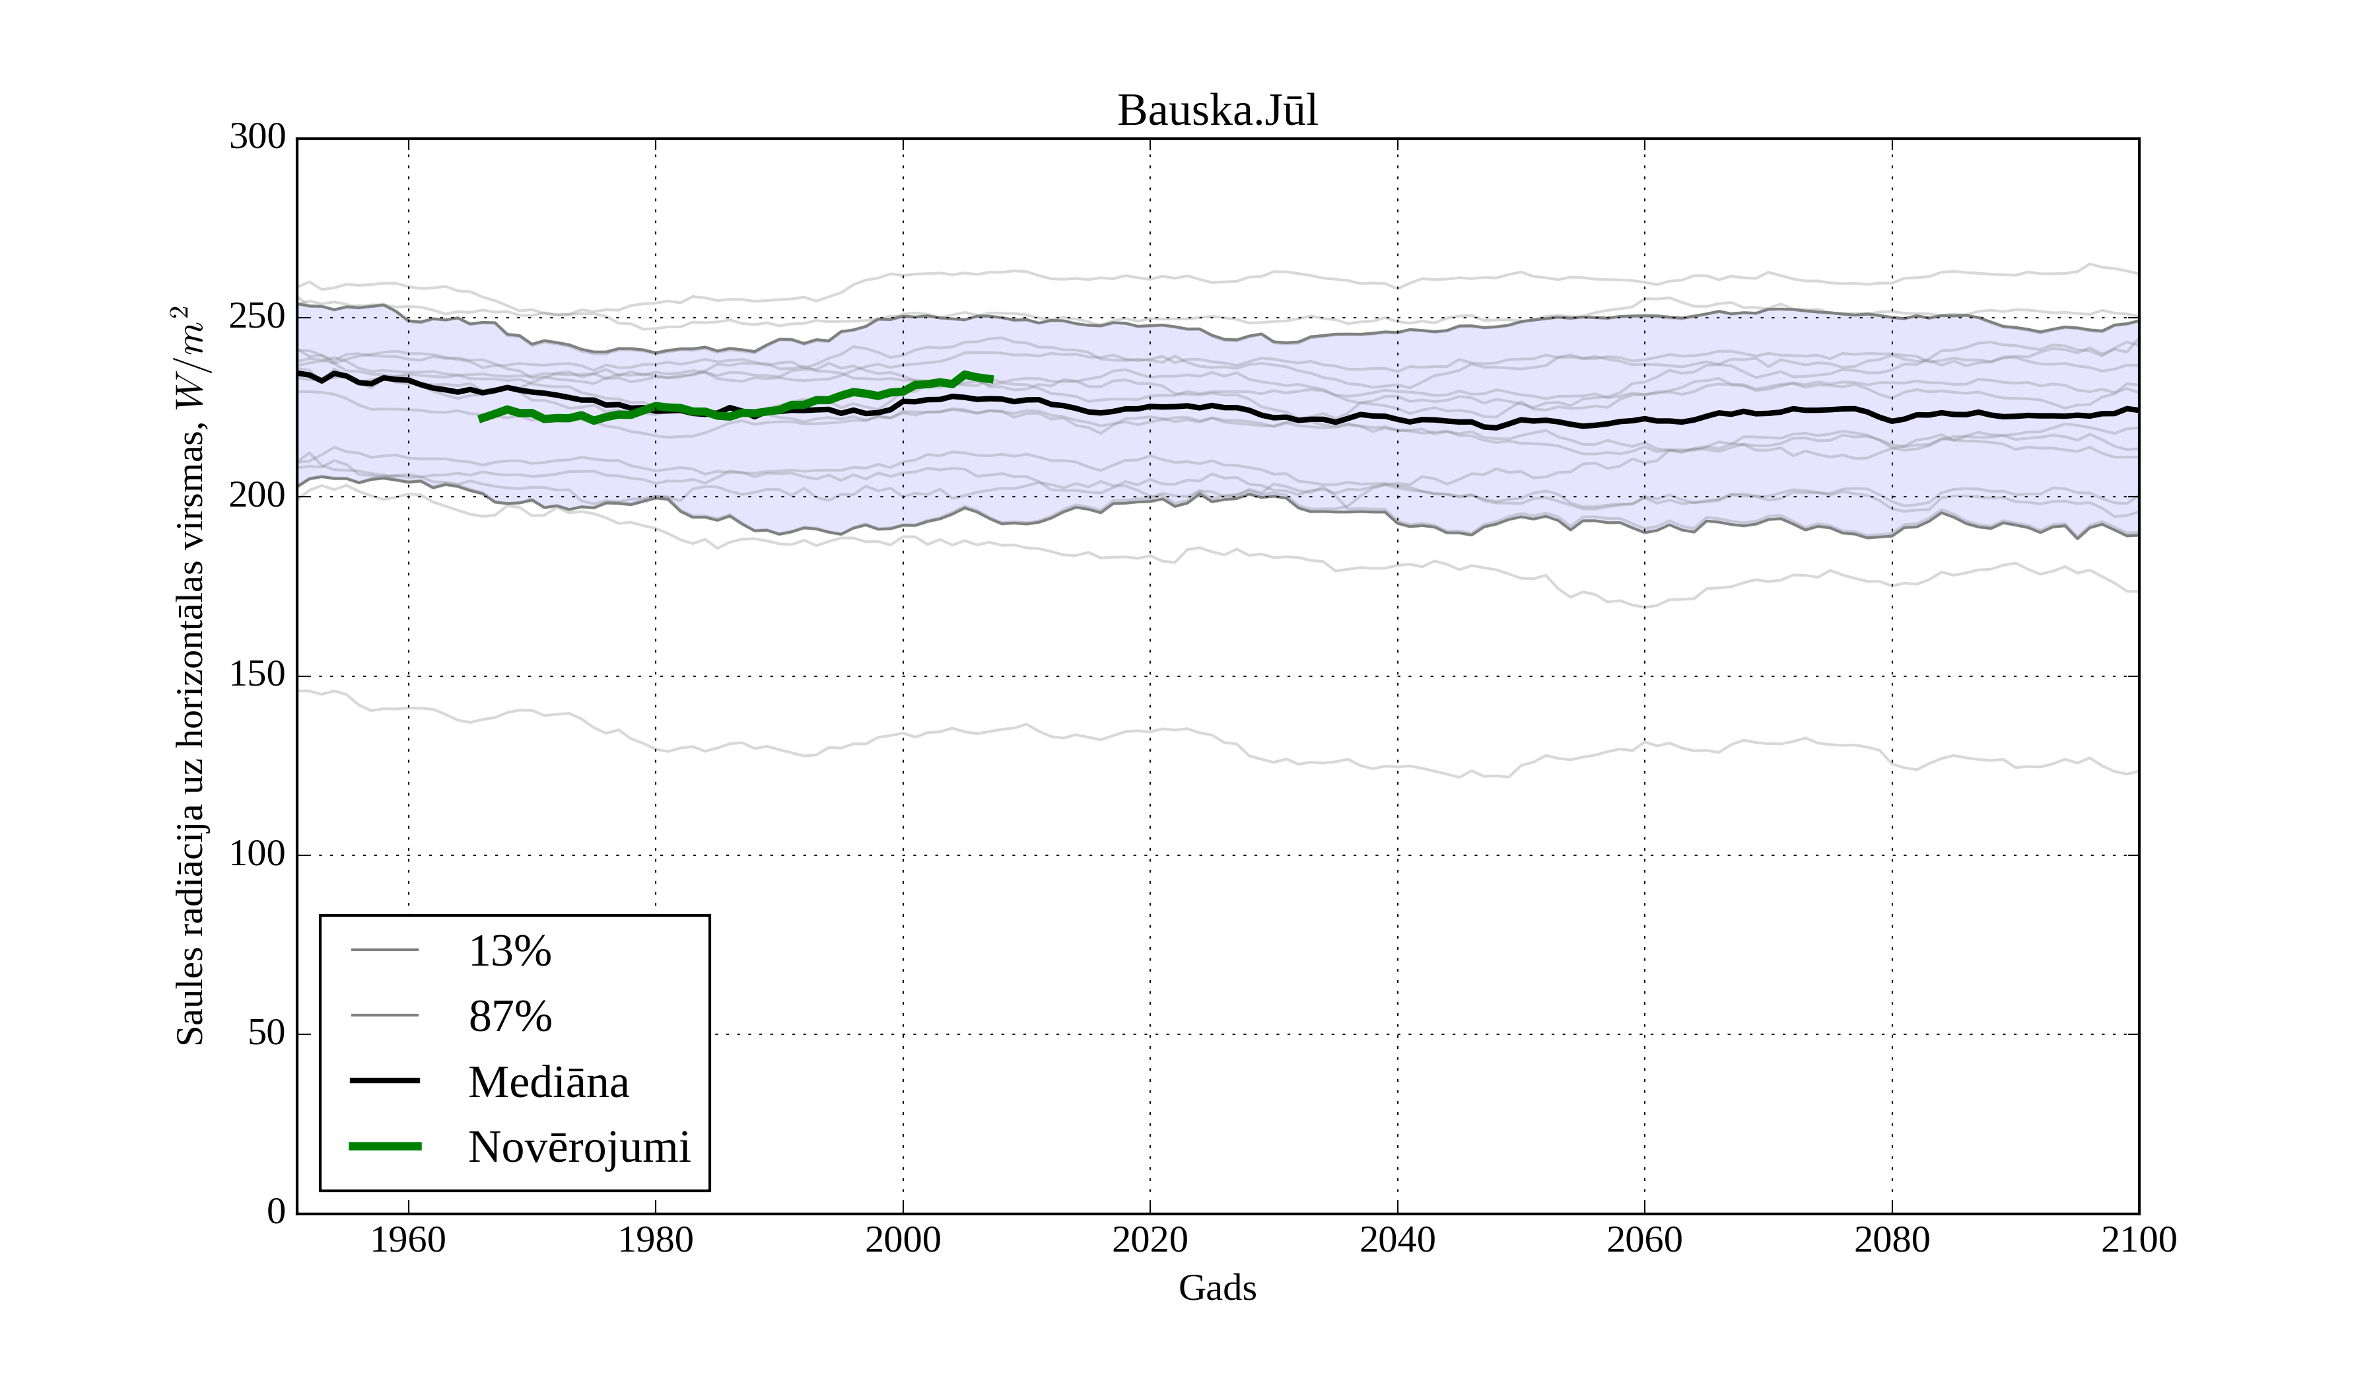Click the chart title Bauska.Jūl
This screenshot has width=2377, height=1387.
click(x=1217, y=112)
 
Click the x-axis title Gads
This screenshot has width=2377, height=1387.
click(x=1217, y=1289)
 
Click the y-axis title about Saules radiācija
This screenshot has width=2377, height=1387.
click(x=191, y=676)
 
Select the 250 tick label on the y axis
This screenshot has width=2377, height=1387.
click(x=258, y=317)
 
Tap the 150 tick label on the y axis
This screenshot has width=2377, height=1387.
click(x=258, y=676)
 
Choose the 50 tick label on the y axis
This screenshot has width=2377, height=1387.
click(x=266, y=1034)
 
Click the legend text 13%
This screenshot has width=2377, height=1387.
click(x=509, y=951)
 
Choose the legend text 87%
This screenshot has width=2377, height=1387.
click(x=509, y=1017)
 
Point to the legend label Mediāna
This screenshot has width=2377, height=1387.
click(x=548, y=1083)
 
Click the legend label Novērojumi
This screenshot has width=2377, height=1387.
click(x=579, y=1147)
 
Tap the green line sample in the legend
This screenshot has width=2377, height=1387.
click(x=385, y=1147)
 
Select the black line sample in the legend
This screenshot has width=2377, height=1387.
click(x=385, y=1081)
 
